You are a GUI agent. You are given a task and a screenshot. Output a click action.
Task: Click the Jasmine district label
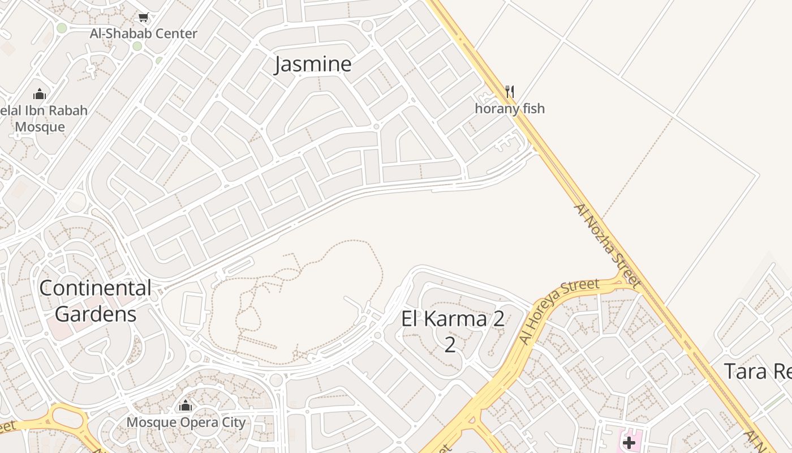(x=313, y=64)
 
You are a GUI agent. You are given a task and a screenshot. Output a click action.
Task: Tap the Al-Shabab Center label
(x=144, y=33)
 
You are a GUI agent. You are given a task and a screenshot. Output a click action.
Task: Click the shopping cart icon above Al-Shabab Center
(x=144, y=18)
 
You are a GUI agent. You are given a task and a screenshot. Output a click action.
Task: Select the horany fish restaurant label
(x=510, y=108)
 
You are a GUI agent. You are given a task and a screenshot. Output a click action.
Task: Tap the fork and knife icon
(x=510, y=91)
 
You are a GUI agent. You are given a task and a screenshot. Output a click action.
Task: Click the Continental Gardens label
(x=96, y=301)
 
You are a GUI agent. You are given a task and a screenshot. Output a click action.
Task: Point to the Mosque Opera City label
(x=186, y=422)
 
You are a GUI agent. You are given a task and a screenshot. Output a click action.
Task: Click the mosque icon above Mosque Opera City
(x=186, y=405)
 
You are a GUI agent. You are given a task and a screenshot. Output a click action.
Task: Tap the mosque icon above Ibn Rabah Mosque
(x=40, y=93)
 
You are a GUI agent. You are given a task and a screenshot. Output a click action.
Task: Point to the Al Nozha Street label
(x=608, y=245)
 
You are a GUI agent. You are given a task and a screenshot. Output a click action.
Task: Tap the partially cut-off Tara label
(x=758, y=371)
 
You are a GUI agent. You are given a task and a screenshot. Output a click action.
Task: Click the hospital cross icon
(x=629, y=442)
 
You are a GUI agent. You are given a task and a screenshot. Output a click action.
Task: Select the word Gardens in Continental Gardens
(x=96, y=314)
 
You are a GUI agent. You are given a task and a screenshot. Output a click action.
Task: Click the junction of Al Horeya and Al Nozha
(x=624, y=279)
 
